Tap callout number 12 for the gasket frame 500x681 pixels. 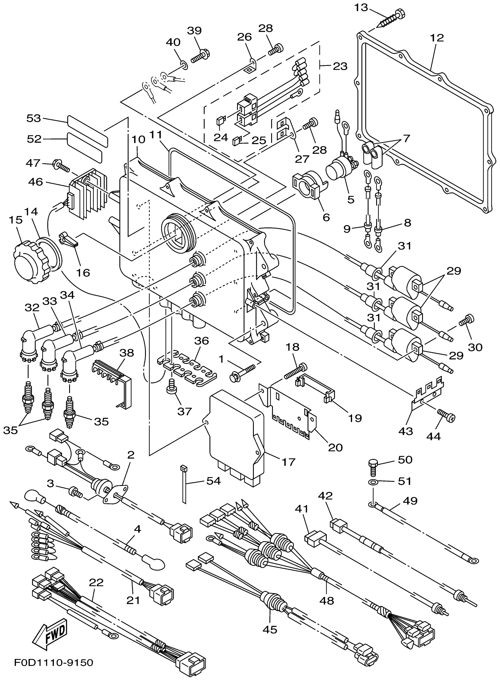click(437, 38)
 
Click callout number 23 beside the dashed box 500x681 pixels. click(340, 66)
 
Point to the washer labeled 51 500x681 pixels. click(374, 482)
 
